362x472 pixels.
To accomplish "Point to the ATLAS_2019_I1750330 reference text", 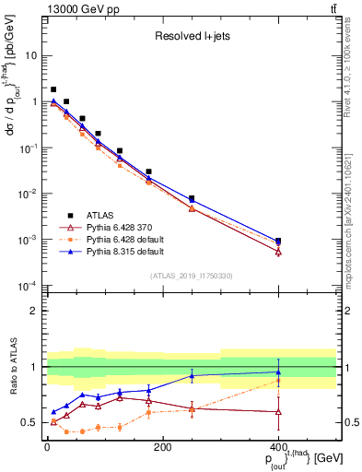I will (191, 276).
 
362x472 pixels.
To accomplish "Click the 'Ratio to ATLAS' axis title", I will (11, 367).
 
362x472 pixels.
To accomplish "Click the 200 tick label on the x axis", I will (162, 447).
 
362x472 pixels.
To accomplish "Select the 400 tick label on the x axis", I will (278, 447).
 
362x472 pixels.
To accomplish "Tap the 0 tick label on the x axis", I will (47, 447).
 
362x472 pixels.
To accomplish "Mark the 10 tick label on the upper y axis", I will (29, 55).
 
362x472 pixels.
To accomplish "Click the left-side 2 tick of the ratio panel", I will (34, 311).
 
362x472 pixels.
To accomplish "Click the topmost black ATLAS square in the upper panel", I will (53, 89).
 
